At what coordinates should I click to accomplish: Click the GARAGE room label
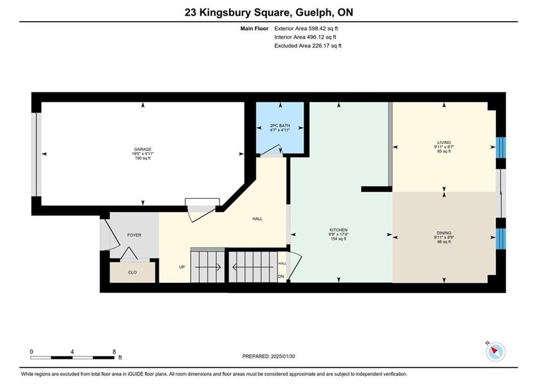[x=142, y=149]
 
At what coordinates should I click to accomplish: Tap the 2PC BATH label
[x=280, y=126]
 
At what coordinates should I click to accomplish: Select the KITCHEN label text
[x=338, y=230]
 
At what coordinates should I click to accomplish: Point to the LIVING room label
[x=444, y=143]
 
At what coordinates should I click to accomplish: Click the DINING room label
[x=444, y=233]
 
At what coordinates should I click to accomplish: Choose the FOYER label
[x=134, y=235]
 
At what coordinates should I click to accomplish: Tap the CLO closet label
[x=133, y=273]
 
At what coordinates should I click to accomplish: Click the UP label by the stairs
[x=182, y=267]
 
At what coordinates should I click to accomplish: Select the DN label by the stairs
[x=281, y=276]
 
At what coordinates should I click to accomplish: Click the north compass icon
[x=495, y=351]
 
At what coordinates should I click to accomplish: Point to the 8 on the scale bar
[x=114, y=351]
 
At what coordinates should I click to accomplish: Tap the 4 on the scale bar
[x=72, y=351]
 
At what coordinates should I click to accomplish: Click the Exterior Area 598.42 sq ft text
[x=306, y=29]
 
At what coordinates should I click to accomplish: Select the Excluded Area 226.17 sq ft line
[x=308, y=46]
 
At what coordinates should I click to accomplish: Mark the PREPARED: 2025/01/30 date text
[x=269, y=356]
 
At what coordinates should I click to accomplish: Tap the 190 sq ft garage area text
[x=142, y=158]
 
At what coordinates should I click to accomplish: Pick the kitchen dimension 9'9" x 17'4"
[x=338, y=234]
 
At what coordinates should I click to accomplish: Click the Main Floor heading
[x=254, y=29]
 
